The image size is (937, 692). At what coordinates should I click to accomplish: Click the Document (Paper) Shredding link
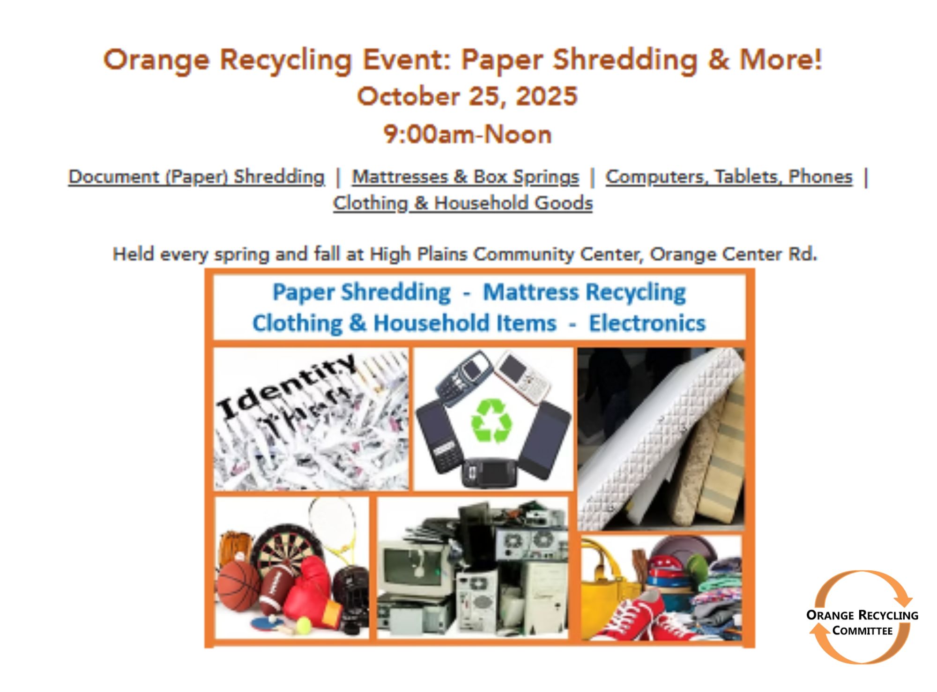tap(196, 177)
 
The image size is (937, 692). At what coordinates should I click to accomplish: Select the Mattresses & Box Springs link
tap(466, 177)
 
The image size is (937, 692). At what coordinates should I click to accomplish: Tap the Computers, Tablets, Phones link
tap(729, 177)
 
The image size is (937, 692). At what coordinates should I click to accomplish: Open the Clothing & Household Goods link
tap(463, 203)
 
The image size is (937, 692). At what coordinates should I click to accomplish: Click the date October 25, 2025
tap(467, 96)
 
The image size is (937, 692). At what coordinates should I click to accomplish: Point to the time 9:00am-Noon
tap(468, 134)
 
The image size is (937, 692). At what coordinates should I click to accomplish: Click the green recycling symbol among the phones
tap(491, 420)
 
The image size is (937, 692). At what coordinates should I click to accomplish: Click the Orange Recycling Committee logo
tap(862, 617)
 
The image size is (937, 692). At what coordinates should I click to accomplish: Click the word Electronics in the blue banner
tap(647, 323)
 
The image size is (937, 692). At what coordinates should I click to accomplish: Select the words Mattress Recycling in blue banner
tap(584, 292)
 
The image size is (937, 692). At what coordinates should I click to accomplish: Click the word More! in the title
tap(781, 60)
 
